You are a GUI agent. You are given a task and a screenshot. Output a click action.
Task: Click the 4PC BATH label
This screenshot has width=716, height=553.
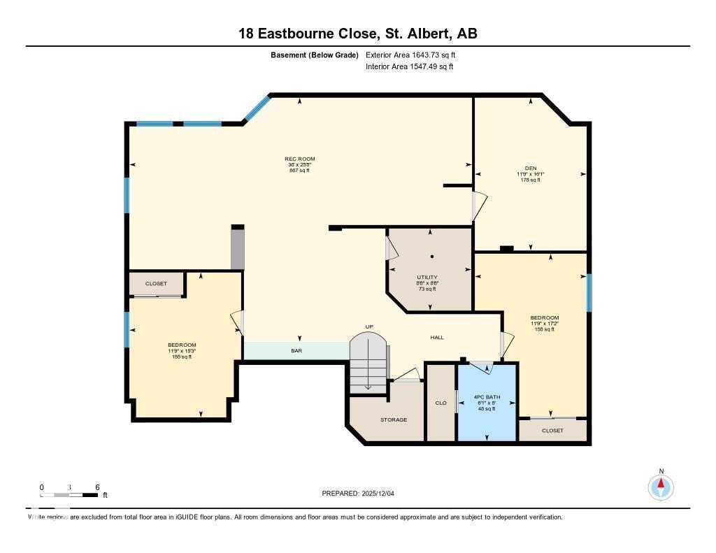[487, 397]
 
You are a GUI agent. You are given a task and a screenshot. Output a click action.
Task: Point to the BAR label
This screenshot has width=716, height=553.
[296, 351]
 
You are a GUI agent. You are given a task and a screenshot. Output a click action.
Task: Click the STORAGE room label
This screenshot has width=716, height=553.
[394, 419]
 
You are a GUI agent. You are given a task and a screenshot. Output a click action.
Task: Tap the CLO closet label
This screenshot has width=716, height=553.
[441, 403]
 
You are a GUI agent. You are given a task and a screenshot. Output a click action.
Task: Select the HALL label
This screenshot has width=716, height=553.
[437, 338]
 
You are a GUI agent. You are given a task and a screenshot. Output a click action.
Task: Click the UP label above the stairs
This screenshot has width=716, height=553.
[369, 326]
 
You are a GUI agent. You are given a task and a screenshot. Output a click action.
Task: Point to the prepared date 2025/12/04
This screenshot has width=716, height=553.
[362, 494]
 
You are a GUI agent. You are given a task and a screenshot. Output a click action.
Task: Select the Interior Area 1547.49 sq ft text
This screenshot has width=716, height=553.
[409, 67]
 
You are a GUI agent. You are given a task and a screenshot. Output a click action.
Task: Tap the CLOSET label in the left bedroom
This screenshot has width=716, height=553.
[156, 284]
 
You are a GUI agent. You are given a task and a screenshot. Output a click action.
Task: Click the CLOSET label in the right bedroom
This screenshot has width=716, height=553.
[552, 431]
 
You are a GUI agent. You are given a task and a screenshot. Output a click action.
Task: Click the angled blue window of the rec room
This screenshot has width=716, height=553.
[257, 108]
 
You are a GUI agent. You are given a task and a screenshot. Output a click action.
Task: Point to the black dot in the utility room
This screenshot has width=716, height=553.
[432, 257]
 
